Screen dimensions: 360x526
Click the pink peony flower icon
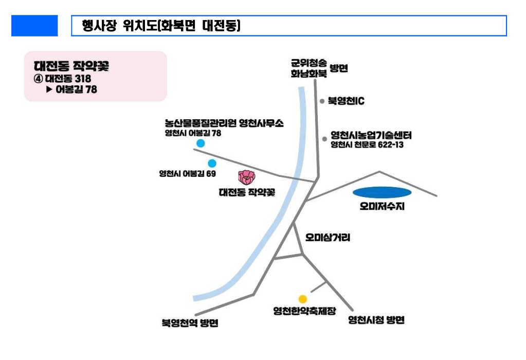click(247, 177)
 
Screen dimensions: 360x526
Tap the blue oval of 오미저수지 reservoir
click(382, 193)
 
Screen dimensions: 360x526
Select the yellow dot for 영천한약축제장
click(303, 299)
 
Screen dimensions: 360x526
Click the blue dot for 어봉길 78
click(201, 143)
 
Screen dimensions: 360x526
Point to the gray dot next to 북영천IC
click(322, 101)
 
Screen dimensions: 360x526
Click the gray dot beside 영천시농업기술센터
click(324, 138)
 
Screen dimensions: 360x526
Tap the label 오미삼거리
click(328, 238)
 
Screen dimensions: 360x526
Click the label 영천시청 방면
click(376, 320)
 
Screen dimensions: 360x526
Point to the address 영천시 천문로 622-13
click(367, 146)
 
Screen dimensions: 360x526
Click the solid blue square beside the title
click(34, 26)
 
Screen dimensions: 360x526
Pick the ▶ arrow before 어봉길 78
click(50, 89)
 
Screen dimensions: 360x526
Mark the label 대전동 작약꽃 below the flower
click(247, 193)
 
